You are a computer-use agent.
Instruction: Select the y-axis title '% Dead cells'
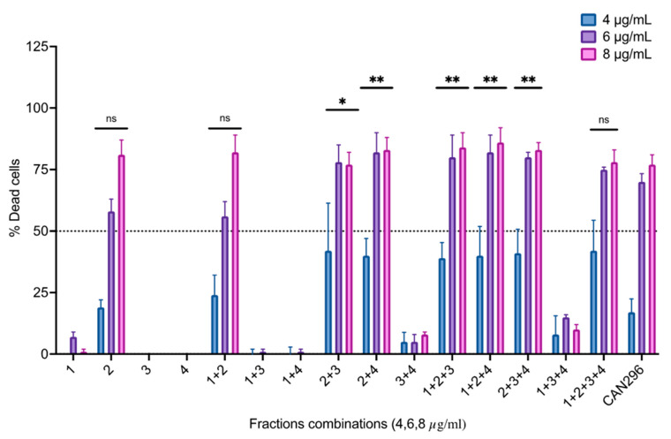(15, 201)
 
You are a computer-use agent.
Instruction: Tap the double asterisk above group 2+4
(376, 81)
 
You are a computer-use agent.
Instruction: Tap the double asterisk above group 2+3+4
(528, 81)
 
